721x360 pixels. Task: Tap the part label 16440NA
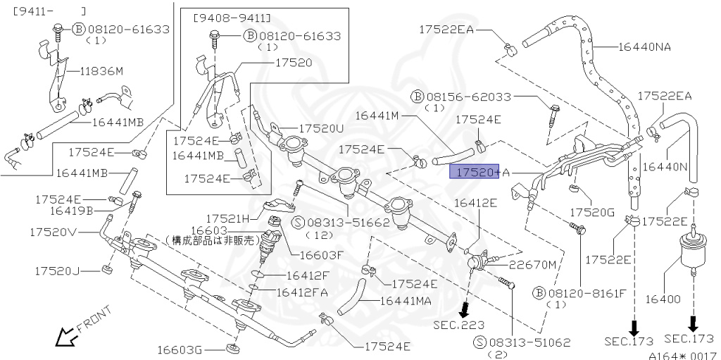coord(644,47)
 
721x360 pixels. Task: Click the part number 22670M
coord(533,264)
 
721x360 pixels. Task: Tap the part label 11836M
coord(101,71)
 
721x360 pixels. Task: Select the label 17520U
coord(322,129)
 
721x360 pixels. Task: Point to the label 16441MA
coord(406,301)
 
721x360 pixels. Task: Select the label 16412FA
coord(302,291)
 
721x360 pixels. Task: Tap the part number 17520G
coord(591,211)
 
